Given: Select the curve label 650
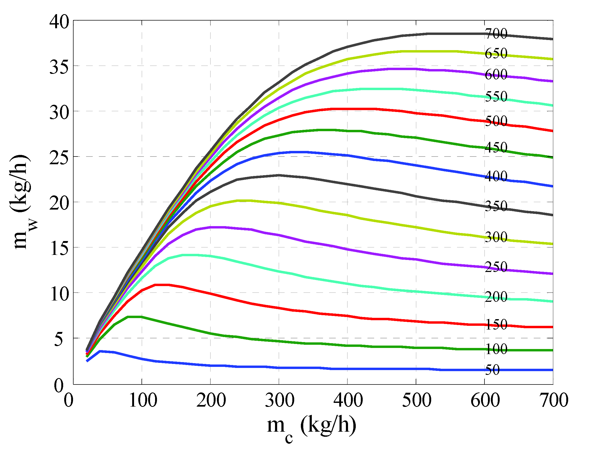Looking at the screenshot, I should tap(496, 53).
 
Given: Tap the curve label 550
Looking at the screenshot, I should tap(496, 97).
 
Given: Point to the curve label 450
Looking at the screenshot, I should tap(496, 147).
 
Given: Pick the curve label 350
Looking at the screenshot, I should tap(496, 206).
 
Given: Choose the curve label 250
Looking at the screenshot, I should tap(496, 267).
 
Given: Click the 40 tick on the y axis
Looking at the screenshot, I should tap(59, 22).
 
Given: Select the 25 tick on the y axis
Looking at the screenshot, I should tap(59, 158).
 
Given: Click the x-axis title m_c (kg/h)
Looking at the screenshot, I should tap(311, 427).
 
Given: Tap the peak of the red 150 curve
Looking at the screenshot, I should tap(162, 285).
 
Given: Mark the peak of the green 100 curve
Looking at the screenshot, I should tap(135, 317).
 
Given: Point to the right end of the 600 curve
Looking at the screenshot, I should tap(552, 81).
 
